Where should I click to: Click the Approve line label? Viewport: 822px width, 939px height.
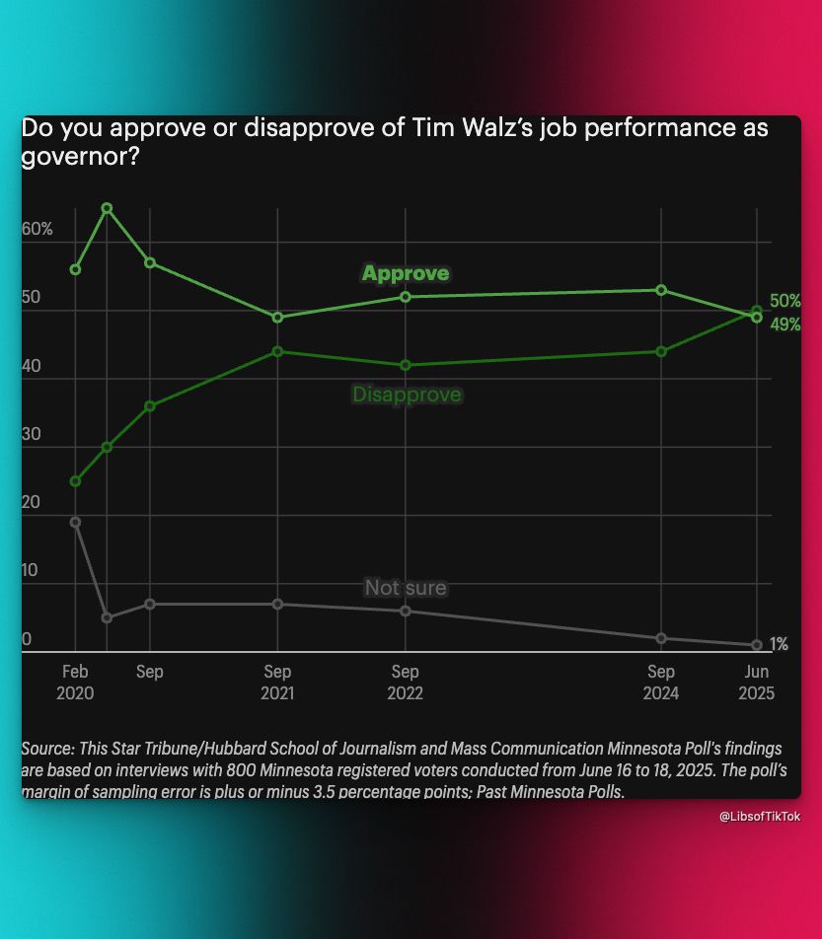[405, 273]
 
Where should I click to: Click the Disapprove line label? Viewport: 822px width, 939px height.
[407, 395]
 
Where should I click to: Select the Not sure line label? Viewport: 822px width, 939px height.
[406, 588]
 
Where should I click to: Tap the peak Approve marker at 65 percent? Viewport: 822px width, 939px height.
[107, 208]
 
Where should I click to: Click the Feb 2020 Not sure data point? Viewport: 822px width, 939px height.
[75, 522]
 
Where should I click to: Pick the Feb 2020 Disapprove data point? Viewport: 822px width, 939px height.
[75, 481]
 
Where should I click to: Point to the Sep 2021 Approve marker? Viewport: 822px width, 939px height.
[277, 318]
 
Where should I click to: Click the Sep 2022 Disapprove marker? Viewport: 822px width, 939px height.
[405, 365]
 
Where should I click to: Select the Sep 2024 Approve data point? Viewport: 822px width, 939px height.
[661, 290]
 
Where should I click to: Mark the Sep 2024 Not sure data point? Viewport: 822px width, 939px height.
[661, 638]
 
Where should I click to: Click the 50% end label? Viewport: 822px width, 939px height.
[785, 301]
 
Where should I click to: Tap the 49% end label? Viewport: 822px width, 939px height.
[785, 325]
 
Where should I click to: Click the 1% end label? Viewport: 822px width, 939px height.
[779, 644]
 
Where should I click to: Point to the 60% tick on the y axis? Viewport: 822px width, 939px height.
[37, 229]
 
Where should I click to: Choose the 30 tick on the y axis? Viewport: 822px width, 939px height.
[33, 434]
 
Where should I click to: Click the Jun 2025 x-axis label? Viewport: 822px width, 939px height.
[757, 683]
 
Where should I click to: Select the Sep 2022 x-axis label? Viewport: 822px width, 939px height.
[405, 683]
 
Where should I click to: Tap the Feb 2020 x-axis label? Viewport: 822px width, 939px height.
[75, 683]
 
